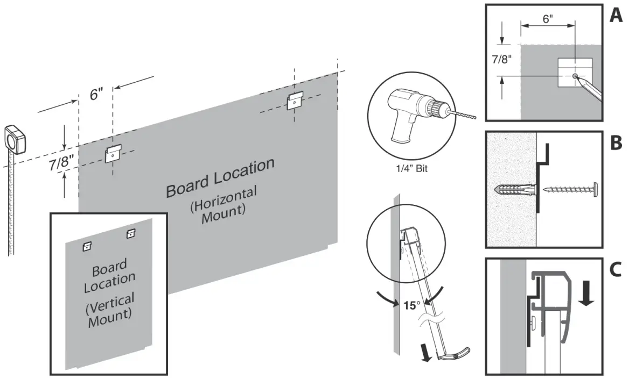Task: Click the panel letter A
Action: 616,16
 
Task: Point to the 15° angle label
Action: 412,305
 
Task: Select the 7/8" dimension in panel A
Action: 502,60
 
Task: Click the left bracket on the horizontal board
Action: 113,154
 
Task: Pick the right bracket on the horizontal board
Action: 295,101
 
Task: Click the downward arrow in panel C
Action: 588,295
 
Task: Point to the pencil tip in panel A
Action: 578,78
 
